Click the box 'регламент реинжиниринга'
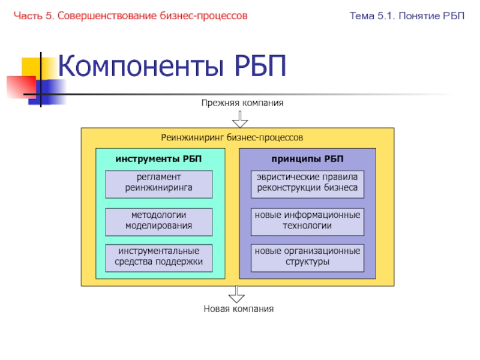(x=159, y=184)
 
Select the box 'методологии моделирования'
(x=159, y=222)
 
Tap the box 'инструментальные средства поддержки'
(x=159, y=258)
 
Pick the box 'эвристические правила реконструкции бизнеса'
(x=307, y=184)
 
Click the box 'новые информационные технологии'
(x=307, y=222)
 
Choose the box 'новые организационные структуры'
(x=307, y=258)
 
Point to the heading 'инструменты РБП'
(x=159, y=159)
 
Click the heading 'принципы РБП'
(x=307, y=159)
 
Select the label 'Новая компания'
(x=238, y=309)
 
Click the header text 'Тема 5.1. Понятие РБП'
(x=407, y=15)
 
